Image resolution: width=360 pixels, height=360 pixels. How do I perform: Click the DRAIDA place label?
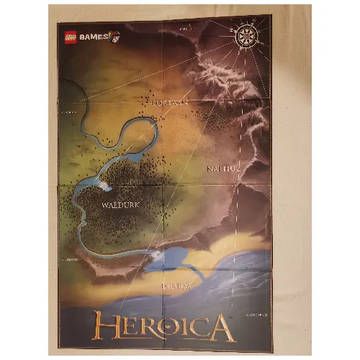pos(176,285)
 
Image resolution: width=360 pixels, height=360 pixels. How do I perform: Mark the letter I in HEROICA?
pos(186,328)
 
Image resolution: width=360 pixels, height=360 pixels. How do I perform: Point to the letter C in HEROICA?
pos(201,328)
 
